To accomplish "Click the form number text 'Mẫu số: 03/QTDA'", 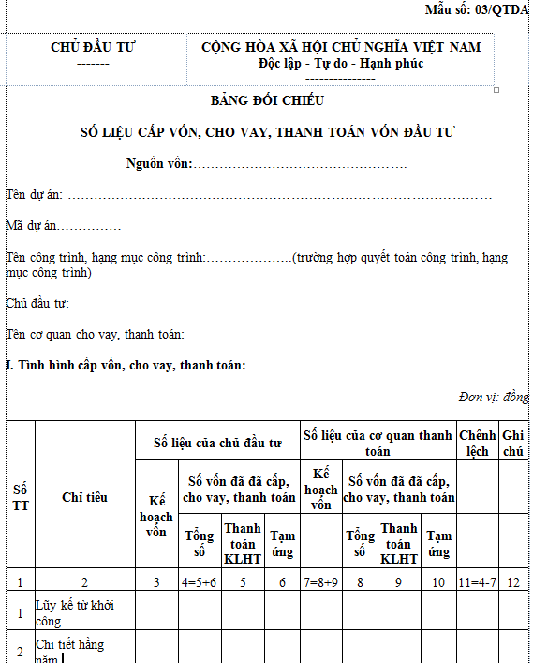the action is pyautogui.click(x=476, y=9).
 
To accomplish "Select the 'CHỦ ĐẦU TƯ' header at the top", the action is pyautogui.click(x=93, y=47).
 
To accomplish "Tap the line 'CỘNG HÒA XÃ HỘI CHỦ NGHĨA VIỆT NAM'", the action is pyautogui.click(x=341, y=47).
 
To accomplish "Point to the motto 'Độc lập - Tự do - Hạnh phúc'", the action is pyautogui.click(x=341, y=64).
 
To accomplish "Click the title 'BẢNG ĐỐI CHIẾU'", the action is pyautogui.click(x=267, y=101).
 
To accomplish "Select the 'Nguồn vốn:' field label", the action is pyautogui.click(x=159, y=164).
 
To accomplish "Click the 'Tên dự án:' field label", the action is pyautogui.click(x=35, y=195).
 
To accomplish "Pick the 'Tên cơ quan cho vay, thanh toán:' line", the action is pyautogui.click(x=95, y=334).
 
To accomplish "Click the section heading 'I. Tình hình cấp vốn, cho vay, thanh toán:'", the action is pyautogui.click(x=126, y=365).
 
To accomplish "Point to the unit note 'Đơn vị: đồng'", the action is pyautogui.click(x=494, y=397).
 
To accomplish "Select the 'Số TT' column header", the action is pyautogui.click(x=20, y=497).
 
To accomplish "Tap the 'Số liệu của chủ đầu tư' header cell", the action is pyautogui.click(x=218, y=441).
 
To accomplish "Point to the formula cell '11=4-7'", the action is pyautogui.click(x=478, y=582).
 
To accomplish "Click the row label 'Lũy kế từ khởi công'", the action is pyautogui.click(x=73, y=612).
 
